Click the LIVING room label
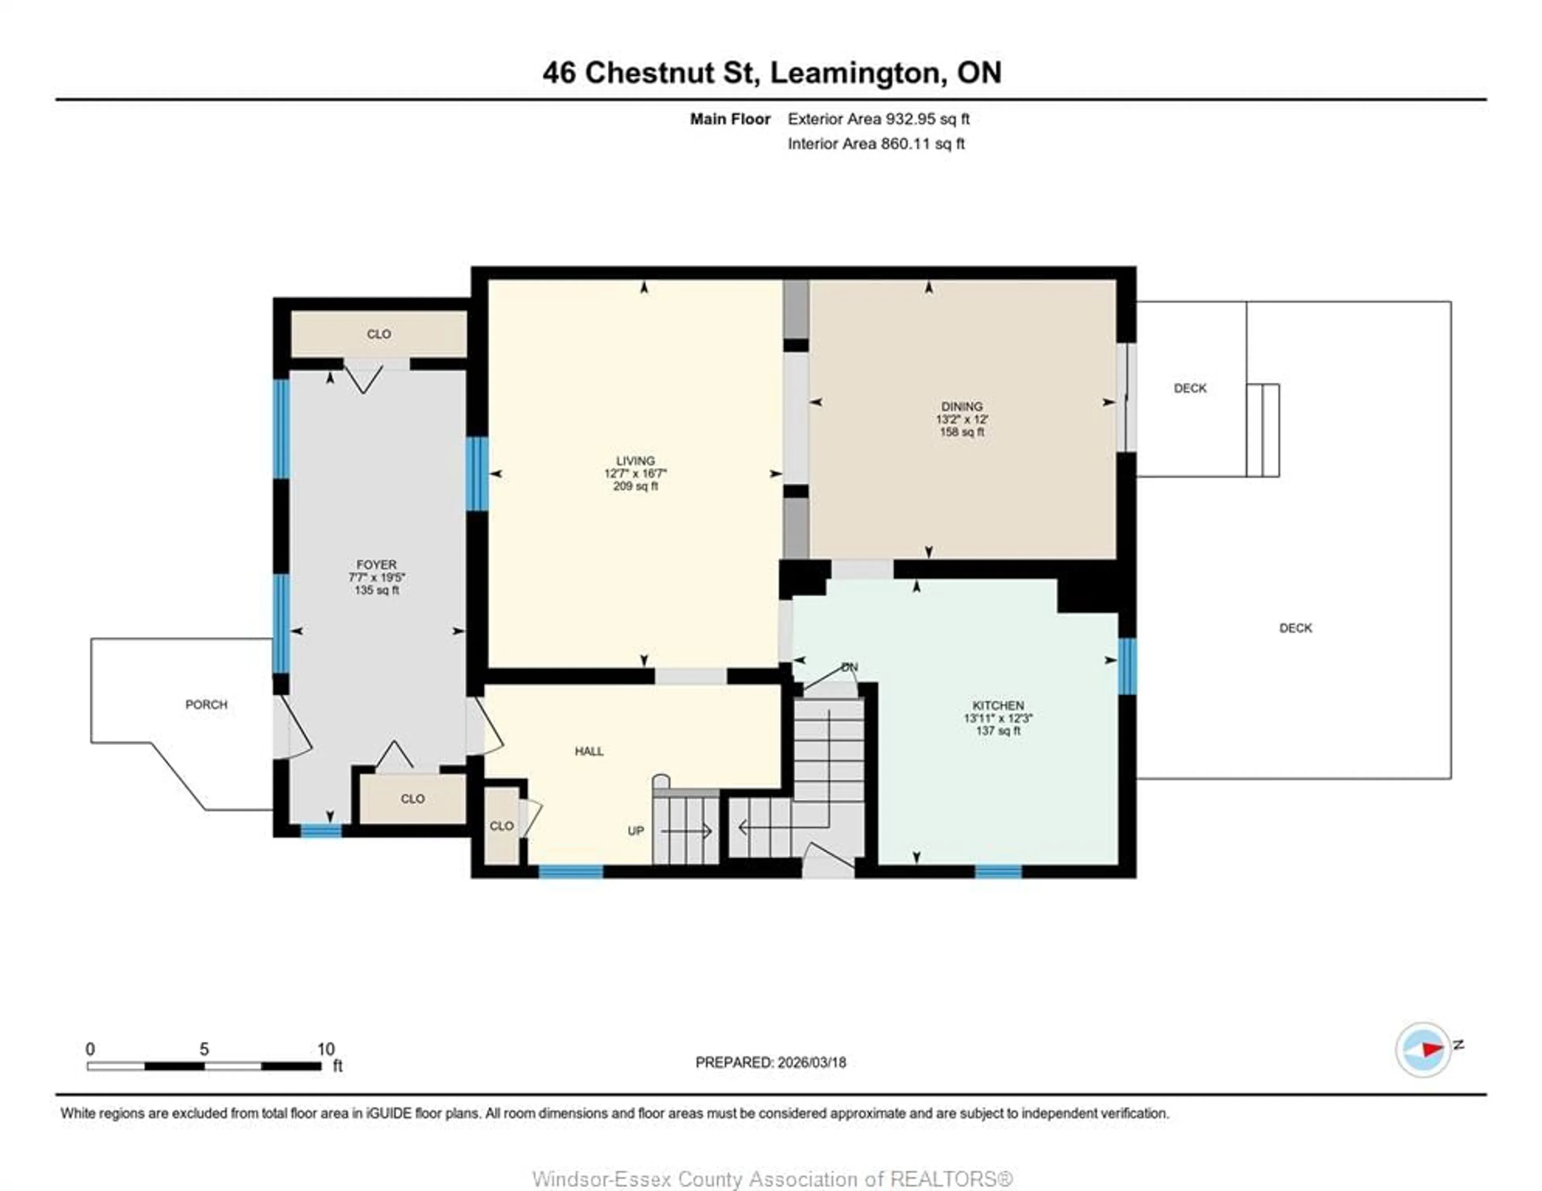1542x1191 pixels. tap(635, 461)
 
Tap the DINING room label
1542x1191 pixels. tap(962, 407)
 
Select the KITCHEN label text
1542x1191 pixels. tap(997, 705)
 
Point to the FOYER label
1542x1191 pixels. tap(376, 565)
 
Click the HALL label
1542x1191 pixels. tap(589, 751)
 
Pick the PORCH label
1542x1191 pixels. tap(206, 704)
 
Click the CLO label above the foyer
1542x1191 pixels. tap(378, 334)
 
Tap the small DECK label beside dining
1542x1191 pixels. tap(1190, 388)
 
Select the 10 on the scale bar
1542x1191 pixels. tap(326, 1049)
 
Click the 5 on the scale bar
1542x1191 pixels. tap(204, 1049)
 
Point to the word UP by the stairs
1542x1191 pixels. tap(635, 831)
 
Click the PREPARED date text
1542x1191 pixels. tap(770, 1063)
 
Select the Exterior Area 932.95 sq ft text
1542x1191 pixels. tap(878, 119)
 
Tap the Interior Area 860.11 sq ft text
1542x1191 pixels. tap(875, 144)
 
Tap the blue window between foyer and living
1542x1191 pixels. tap(477, 474)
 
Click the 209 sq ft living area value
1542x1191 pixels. tap(635, 487)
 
